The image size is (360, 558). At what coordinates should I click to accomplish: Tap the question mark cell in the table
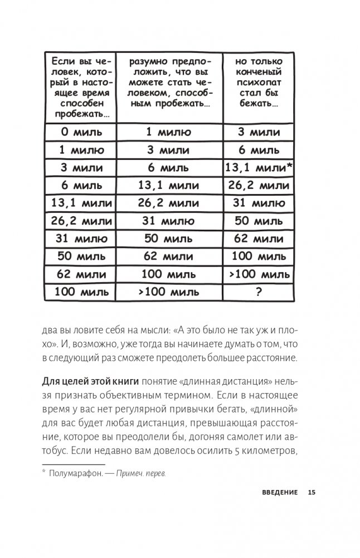(x=257, y=292)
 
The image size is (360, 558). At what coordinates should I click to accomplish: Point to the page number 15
(x=312, y=492)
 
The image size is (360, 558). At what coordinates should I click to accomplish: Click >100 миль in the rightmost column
(x=257, y=274)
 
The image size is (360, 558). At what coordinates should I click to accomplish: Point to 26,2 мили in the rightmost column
(x=257, y=185)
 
